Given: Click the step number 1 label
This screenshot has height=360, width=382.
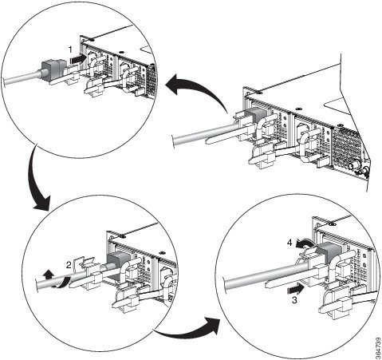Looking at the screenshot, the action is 70,49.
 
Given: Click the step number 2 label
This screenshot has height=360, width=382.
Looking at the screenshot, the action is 69,265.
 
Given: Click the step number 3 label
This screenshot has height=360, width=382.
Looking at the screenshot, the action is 294,300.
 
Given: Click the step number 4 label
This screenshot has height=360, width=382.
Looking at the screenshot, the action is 289,243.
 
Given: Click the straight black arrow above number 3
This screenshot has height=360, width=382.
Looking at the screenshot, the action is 296,289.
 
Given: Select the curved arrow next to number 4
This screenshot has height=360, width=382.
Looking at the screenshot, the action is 305,243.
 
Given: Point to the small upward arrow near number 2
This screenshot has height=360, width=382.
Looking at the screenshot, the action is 48,274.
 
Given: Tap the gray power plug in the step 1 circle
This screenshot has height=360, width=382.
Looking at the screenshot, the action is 53,69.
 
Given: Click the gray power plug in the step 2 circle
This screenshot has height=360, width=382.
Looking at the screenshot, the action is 115,261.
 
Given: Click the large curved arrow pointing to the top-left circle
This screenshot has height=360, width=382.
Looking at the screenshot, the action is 197,89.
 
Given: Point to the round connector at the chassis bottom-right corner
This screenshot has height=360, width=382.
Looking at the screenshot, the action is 353,166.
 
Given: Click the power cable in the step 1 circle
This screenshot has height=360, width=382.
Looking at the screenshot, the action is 22,78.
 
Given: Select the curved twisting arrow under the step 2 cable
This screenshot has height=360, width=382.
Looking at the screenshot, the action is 61,283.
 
